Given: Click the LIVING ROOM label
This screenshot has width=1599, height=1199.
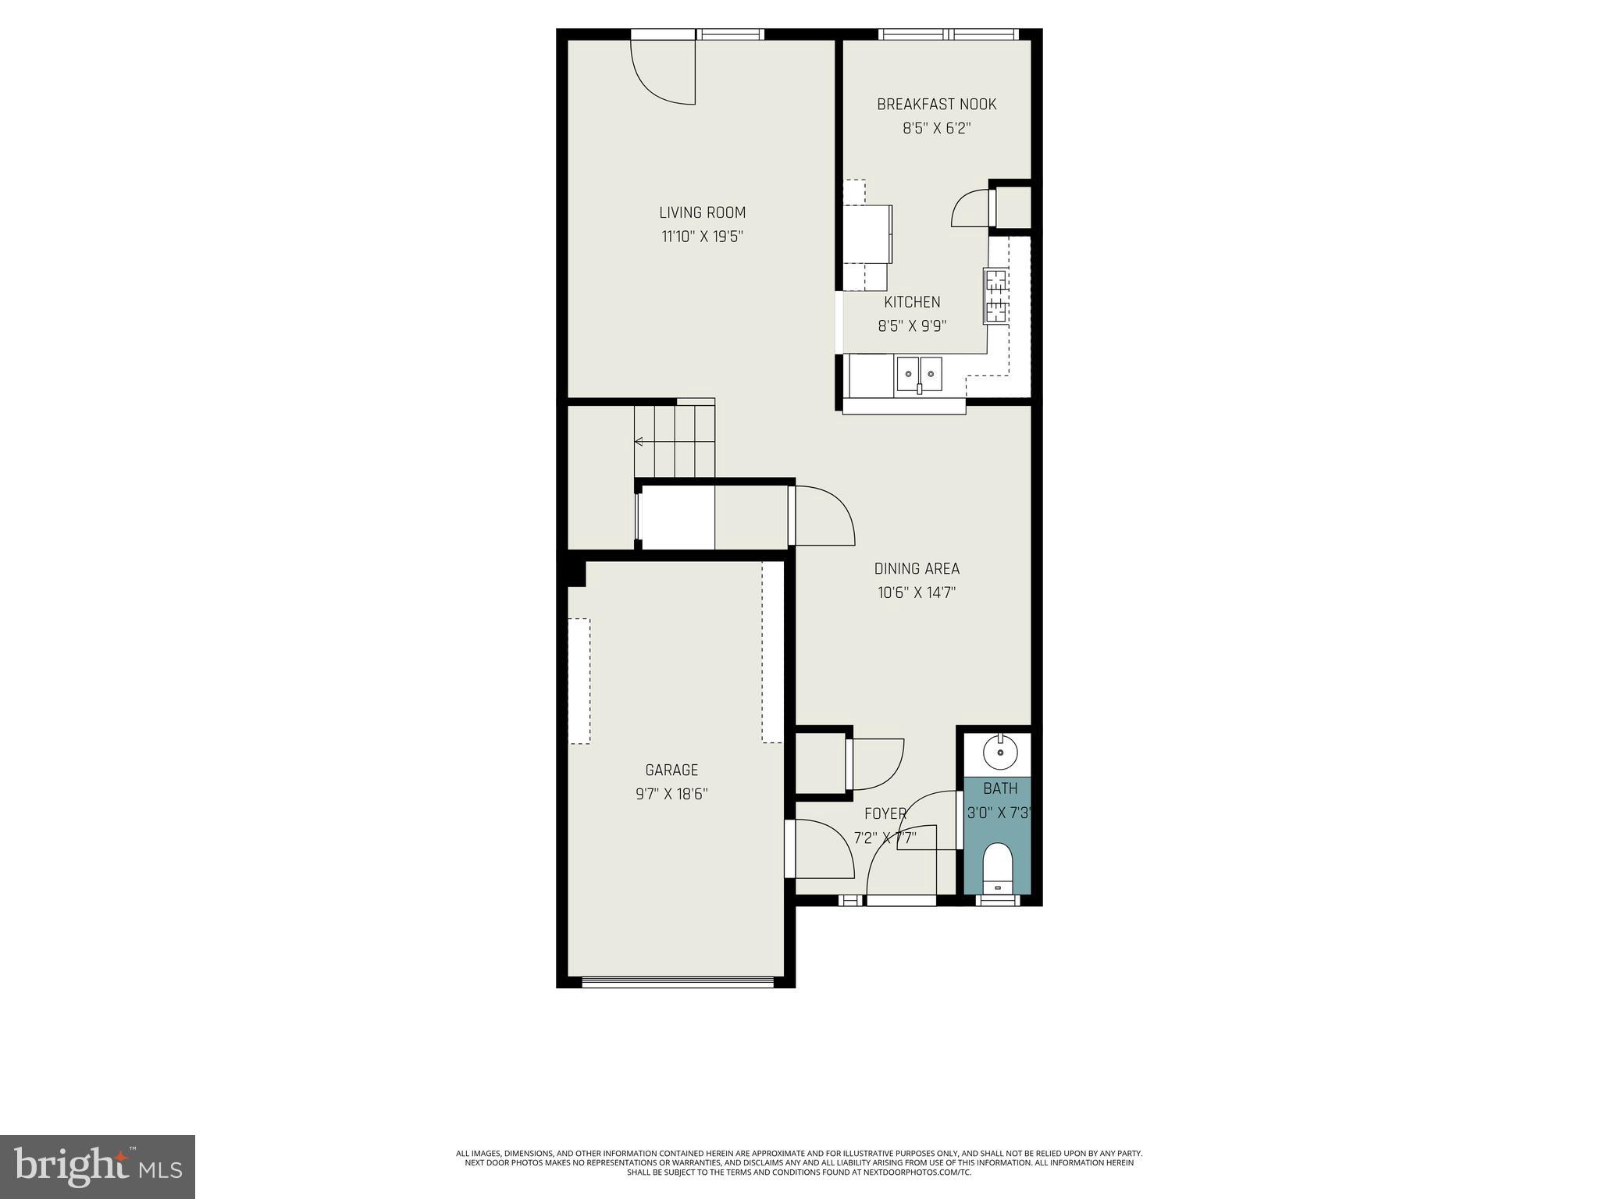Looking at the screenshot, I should (x=702, y=212).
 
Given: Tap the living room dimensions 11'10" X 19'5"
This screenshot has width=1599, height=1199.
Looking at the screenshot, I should (x=702, y=237).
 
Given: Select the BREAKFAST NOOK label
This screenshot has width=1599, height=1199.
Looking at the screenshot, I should (x=936, y=105).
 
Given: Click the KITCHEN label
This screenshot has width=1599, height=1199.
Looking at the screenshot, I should (x=912, y=302).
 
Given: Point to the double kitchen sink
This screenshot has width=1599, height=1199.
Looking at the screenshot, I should (x=919, y=373).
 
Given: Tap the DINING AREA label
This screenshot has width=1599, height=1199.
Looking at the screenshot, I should (x=917, y=568).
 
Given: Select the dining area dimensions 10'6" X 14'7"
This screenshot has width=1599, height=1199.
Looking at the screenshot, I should (x=917, y=592).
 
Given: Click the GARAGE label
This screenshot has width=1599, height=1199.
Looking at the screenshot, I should (x=671, y=770).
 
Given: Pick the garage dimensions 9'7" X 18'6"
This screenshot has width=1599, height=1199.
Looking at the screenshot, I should (x=671, y=795).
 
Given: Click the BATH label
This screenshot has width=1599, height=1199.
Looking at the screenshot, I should (x=1000, y=788).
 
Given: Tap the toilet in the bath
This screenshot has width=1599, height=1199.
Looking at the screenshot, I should (x=997, y=866).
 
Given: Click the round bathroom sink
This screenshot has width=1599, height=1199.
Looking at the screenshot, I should (x=999, y=753).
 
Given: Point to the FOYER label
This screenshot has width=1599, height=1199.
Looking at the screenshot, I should (x=885, y=813).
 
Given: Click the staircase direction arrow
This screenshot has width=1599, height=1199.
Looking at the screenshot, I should (x=639, y=442).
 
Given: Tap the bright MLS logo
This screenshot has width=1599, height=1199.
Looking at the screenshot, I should (x=98, y=1166).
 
